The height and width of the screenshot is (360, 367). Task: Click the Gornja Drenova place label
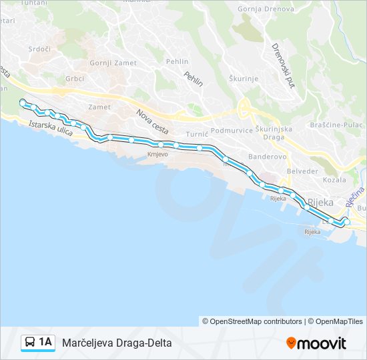[x=266, y=9]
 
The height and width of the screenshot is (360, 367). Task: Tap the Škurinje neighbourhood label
[x=243, y=78]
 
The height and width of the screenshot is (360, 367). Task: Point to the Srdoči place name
[x=39, y=49]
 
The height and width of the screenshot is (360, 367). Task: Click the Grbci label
[x=74, y=77]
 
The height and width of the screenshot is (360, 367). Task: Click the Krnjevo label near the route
[x=157, y=154]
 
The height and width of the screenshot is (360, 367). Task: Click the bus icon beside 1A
[x=30, y=343]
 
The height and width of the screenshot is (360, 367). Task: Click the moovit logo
[x=316, y=343]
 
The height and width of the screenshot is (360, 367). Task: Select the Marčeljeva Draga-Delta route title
[x=117, y=343]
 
